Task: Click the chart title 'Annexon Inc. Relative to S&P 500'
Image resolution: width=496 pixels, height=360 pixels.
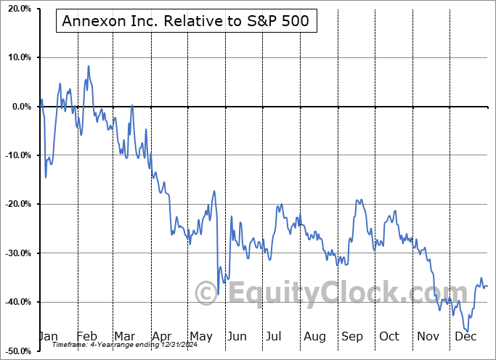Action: [x=186, y=21]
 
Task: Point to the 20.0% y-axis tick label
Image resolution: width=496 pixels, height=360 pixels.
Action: [x=17, y=9]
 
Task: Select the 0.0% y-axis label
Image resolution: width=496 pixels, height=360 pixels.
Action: [x=20, y=107]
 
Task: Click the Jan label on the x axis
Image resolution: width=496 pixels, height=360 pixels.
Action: [x=49, y=336]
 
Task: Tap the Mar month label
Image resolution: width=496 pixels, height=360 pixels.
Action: [x=123, y=336]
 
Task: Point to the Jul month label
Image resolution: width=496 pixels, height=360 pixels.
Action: [x=274, y=336]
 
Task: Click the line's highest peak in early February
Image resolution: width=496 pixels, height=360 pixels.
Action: [x=89, y=66]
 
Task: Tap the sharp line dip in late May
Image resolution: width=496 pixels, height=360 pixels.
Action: [x=219, y=293]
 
